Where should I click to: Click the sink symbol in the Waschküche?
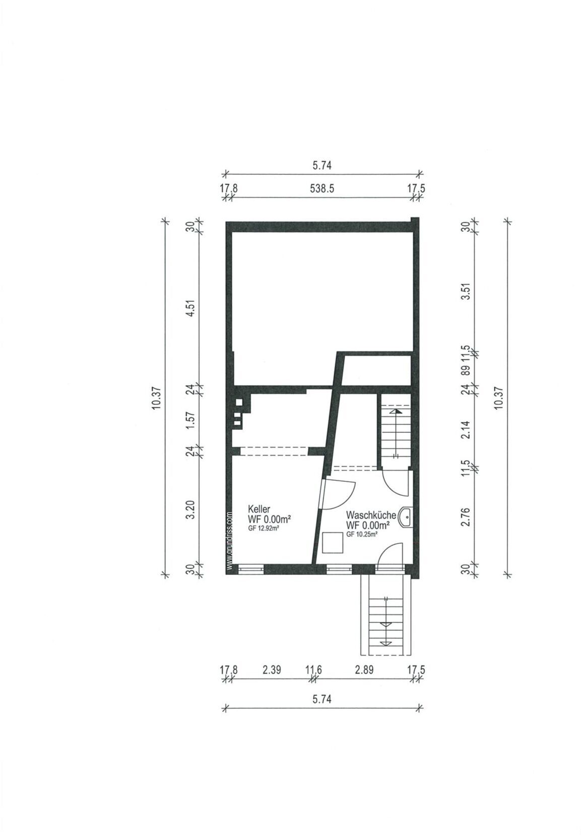404,517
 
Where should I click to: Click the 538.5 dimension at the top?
322,188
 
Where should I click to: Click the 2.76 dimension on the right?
465,516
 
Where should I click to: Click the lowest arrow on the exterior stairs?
385,643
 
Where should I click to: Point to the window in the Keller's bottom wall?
250,568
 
